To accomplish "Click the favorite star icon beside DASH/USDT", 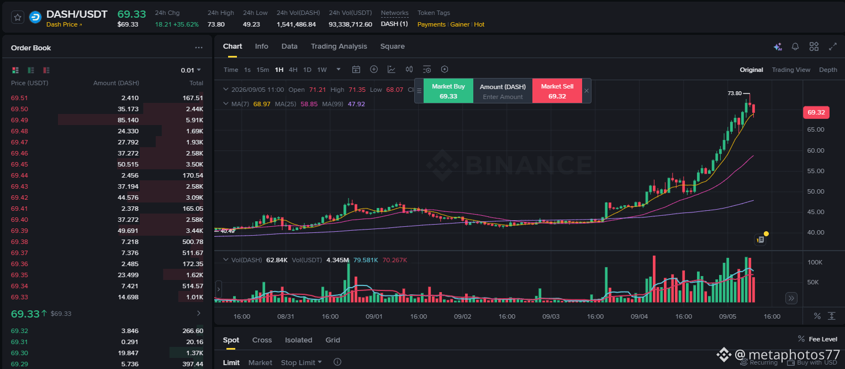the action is click(x=17, y=17).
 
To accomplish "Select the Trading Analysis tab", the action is click(x=339, y=46).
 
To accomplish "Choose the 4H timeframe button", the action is click(x=293, y=70).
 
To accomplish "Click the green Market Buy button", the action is click(x=448, y=91).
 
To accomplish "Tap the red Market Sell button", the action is click(x=557, y=91).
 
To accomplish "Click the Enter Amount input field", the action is click(x=503, y=97).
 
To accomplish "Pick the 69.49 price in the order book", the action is click(x=19, y=120).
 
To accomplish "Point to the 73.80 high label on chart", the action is click(x=735, y=93).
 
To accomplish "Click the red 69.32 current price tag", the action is click(x=816, y=112).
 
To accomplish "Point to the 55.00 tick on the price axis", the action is click(x=816, y=171).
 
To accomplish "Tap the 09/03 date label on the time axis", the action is click(x=551, y=316).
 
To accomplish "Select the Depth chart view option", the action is click(x=828, y=70).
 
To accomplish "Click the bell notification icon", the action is click(x=795, y=46).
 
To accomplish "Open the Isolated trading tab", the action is click(x=298, y=340).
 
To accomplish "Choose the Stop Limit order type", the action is click(x=301, y=362).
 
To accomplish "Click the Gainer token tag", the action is click(x=460, y=24).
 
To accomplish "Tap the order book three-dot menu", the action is click(x=198, y=48).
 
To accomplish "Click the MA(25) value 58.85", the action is click(x=309, y=104).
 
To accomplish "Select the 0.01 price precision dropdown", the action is click(x=191, y=70).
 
